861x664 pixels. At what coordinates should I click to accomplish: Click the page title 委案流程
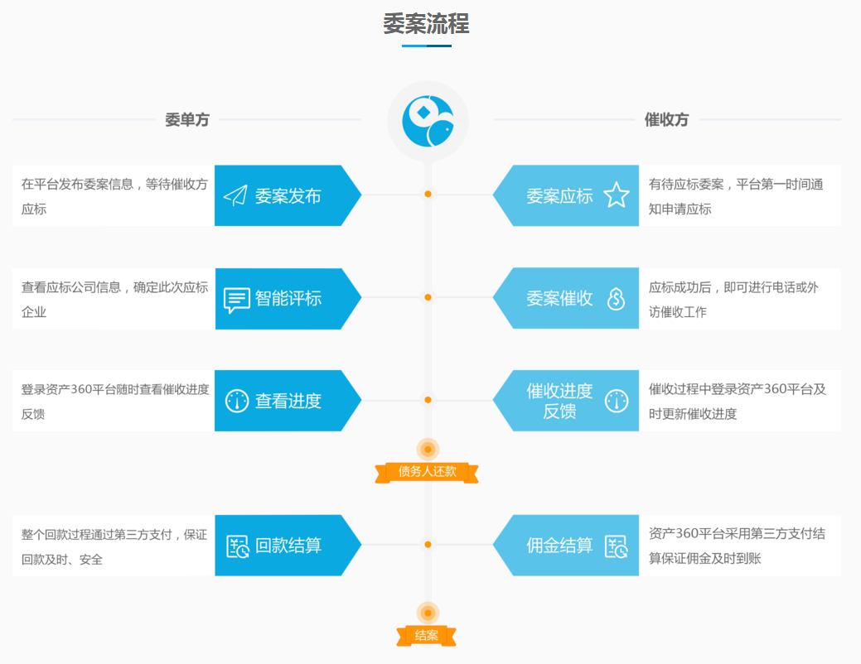coord(426,24)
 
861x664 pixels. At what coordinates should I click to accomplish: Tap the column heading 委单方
coord(186,120)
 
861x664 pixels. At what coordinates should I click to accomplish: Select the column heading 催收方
coord(666,120)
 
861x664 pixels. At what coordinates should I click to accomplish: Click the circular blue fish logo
coord(428,121)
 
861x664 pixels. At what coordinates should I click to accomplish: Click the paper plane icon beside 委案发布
coord(236,196)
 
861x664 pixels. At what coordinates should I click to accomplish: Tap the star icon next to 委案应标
coord(617,195)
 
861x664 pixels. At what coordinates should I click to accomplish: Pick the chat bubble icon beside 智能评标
coord(237,300)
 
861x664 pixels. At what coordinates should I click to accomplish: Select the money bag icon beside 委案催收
coord(616,299)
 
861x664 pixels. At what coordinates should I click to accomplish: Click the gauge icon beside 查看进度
coord(237,401)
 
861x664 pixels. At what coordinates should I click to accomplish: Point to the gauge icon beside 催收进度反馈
coord(617,401)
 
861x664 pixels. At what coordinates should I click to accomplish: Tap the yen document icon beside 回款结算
coord(238,546)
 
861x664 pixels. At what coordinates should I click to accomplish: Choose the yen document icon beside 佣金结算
coord(617,546)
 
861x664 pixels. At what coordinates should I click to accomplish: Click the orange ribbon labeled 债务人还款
coord(428,472)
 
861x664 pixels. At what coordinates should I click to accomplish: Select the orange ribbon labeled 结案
coord(427,636)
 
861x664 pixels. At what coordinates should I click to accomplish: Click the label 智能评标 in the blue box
coord(288,299)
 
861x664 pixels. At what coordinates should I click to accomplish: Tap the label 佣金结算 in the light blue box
coord(559,546)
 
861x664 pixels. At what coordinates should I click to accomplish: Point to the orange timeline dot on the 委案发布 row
coord(428,195)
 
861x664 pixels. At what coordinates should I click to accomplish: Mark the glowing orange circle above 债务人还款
coord(428,450)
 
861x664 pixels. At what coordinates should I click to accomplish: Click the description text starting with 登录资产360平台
coord(115,402)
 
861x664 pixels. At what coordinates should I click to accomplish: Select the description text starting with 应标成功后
coord(733,300)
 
